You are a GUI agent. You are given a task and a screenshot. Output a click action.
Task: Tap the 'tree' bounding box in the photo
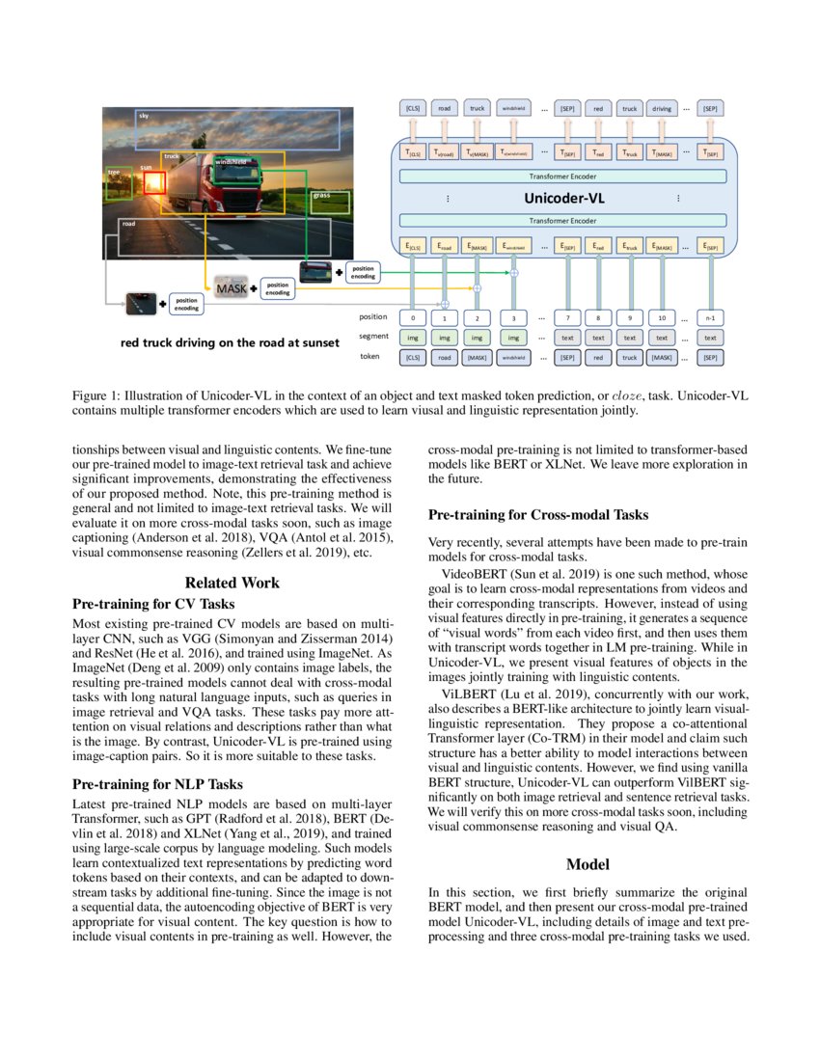tap(119, 183)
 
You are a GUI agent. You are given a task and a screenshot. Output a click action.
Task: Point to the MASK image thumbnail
tap(232, 287)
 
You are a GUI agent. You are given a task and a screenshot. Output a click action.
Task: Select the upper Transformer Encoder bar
tap(562, 177)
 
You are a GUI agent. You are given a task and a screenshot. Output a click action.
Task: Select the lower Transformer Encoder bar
tap(562, 220)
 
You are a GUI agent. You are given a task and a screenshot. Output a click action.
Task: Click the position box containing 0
tap(412, 316)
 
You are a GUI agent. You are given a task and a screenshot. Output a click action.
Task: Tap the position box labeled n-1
tap(710, 316)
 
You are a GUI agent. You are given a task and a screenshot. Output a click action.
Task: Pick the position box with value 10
tap(661, 316)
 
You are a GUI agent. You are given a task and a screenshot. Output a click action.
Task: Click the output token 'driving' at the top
tap(661, 109)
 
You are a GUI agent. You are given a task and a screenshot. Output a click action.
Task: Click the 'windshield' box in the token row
tap(513, 357)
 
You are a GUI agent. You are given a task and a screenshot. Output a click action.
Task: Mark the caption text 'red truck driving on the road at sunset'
tap(230, 342)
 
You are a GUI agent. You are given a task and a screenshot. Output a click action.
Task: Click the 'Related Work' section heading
tap(232, 583)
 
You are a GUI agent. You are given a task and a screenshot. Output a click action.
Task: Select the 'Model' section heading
tap(588, 864)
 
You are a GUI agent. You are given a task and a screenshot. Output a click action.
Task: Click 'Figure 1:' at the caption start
tap(99, 395)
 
